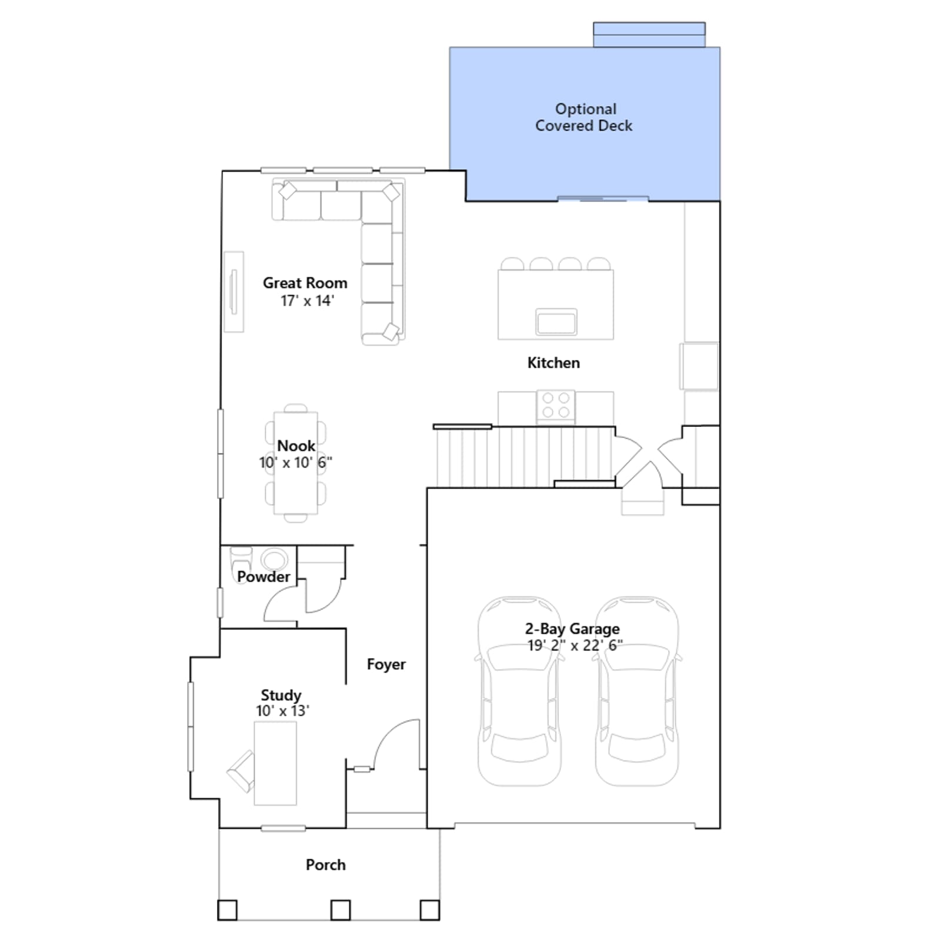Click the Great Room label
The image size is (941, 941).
pyautogui.click(x=305, y=283)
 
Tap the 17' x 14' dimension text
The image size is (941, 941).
pyautogui.click(x=307, y=301)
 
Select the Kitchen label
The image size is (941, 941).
pyautogui.click(x=553, y=363)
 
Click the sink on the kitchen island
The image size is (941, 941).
pyautogui.click(x=556, y=322)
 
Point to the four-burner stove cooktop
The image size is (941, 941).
pyautogui.click(x=556, y=405)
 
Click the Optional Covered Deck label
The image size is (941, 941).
pyautogui.click(x=584, y=117)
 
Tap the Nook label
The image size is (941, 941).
pyautogui.click(x=296, y=446)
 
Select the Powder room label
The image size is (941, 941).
pyautogui.click(x=263, y=577)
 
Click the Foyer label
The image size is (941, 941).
pyautogui.click(x=386, y=665)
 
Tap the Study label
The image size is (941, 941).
pyautogui.click(x=281, y=695)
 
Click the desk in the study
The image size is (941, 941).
pyautogui.click(x=275, y=763)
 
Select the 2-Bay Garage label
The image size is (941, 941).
pyautogui.click(x=572, y=629)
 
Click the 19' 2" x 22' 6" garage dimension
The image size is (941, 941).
pyautogui.click(x=575, y=645)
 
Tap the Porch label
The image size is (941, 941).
pyautogui.click(x=326, y=865)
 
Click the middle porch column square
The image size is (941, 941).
pyautogui.click(x=341, y=910)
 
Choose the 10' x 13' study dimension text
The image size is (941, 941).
pyautogui.click(x=282, y=710)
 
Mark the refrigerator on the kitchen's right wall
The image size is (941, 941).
pyautogui.click(x=699, y=366)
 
